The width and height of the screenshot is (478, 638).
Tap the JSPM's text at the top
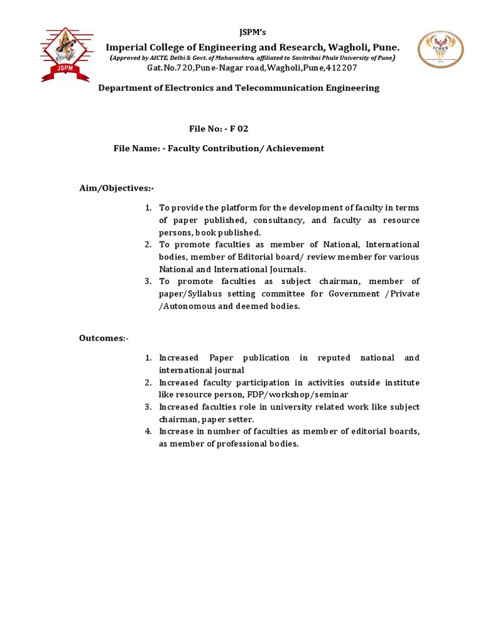point(253,32)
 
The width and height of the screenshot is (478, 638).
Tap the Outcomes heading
point(103,338)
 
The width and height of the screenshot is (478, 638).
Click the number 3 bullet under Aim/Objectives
point(148,282)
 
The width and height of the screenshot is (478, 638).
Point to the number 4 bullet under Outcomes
point(148,431)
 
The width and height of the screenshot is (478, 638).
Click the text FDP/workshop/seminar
point(299,394)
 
